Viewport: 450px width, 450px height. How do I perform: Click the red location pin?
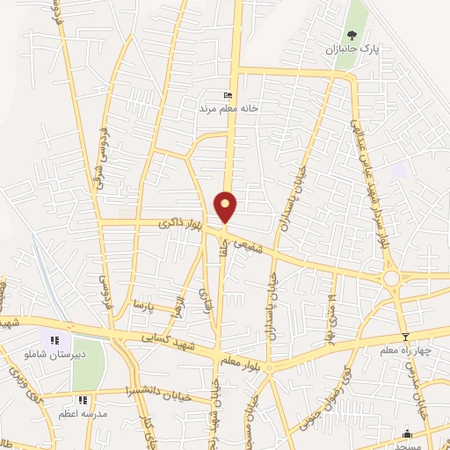[x=226, y=206]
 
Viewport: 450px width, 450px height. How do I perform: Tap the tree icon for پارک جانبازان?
[x=352, y=36]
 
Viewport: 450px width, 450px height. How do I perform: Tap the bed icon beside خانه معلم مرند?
[x=229, y=96]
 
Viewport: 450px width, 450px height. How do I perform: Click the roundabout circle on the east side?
[x=391, y=279]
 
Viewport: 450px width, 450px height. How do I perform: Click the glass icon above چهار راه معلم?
[x=404, y=337]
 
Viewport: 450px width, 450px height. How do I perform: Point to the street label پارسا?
[x=142, y=305]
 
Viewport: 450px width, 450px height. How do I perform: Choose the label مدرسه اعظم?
[x=83, y=413]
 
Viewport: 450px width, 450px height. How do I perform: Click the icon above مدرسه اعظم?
[x=83, y=400]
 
